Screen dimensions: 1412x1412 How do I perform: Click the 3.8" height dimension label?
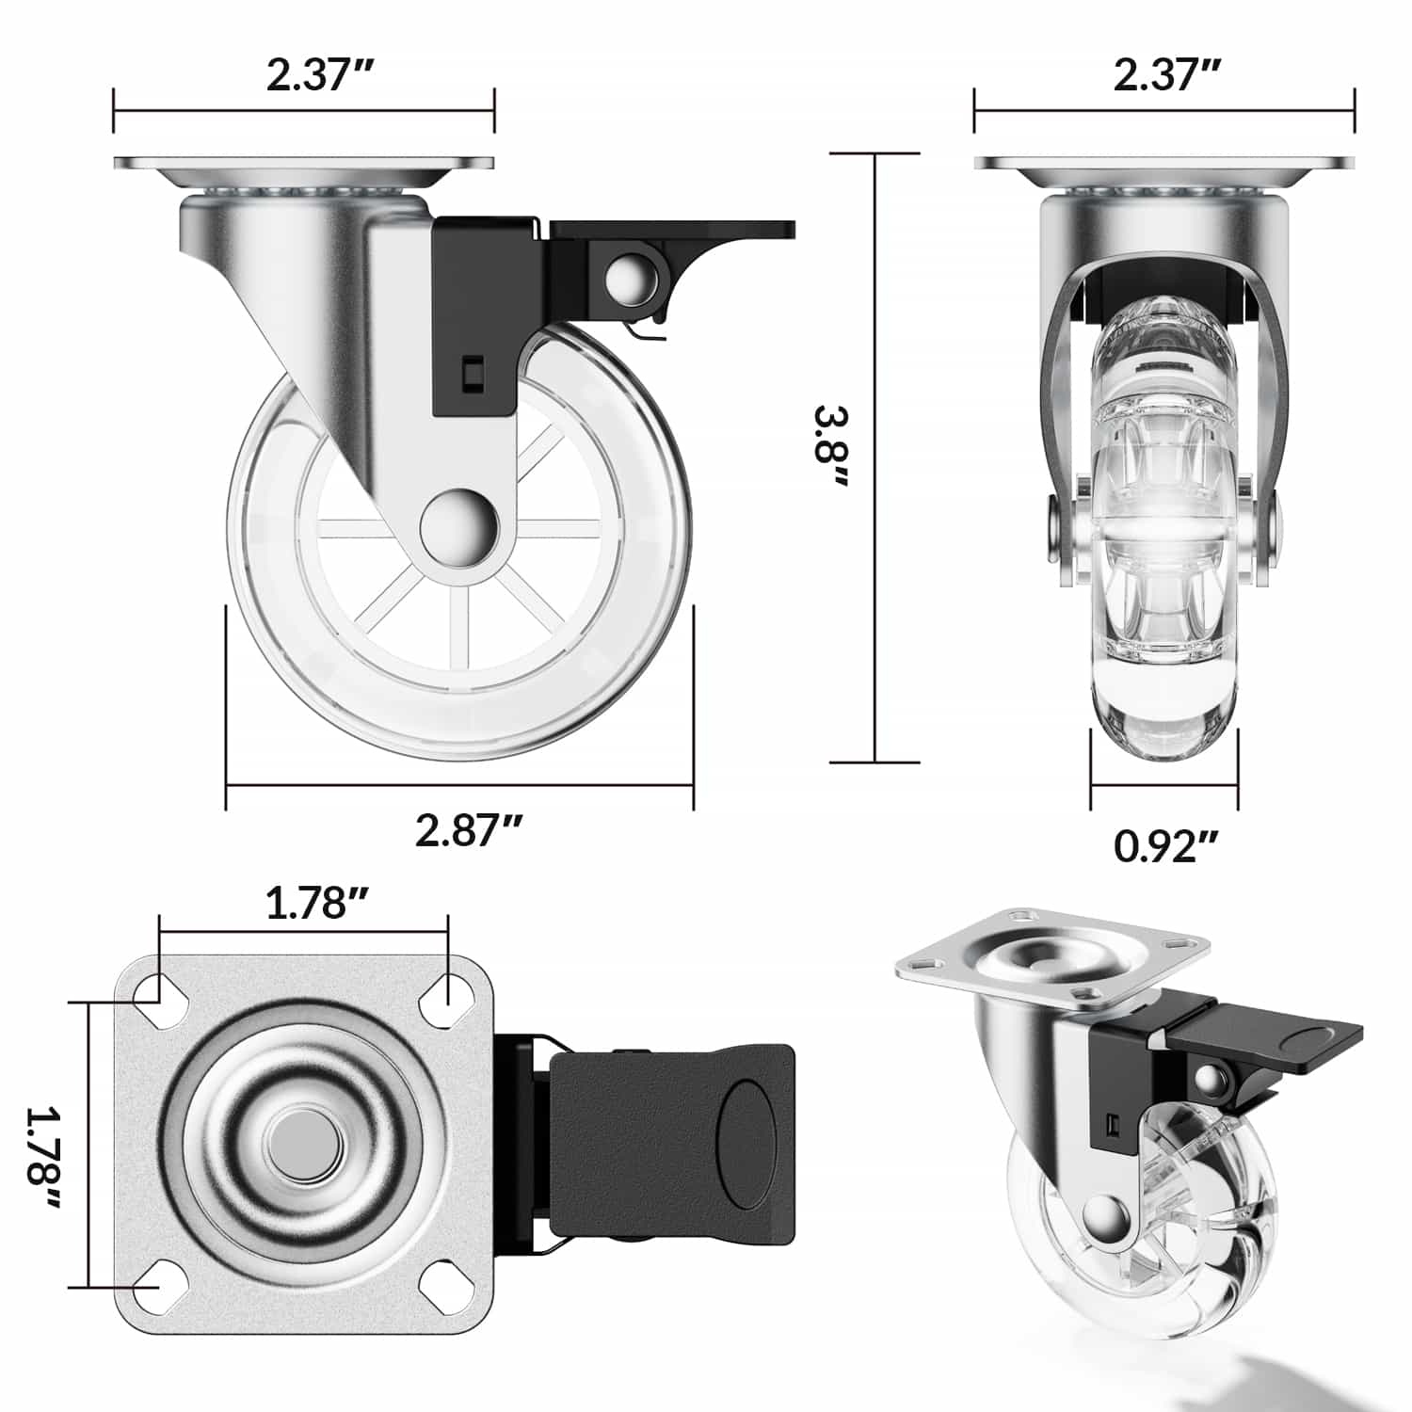[832, 446]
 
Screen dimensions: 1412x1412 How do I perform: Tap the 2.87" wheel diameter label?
[468, 830]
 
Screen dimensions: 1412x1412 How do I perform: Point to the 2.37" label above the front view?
[1167, 74]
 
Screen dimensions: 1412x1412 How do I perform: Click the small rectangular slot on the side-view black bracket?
[472, 372]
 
